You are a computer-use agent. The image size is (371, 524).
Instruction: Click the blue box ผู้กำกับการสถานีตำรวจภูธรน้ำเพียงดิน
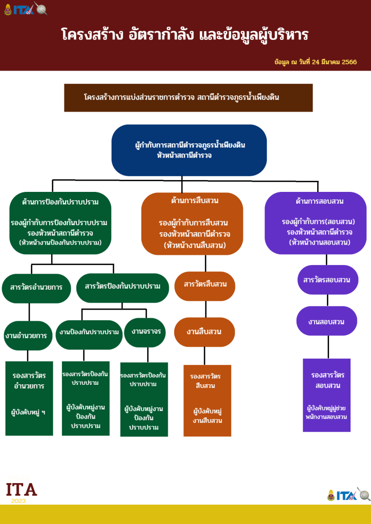tap(189, 150)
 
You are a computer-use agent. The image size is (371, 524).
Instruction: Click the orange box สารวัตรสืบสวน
tap(204, 285)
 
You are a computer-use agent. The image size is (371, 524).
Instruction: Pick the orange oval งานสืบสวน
tap(204, 332)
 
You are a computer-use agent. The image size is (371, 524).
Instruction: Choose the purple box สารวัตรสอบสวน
tap(327, 280)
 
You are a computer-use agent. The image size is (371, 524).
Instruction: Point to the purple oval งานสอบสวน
tap(326, 322)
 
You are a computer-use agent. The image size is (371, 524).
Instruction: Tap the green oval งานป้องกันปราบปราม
tap(89, 333)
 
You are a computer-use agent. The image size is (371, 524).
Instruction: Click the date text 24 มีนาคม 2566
tap(316, 62)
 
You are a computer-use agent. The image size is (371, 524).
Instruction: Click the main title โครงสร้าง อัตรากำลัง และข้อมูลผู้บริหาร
tap(185, 35)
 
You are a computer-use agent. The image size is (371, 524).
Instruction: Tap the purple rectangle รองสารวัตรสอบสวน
tap(326, 395)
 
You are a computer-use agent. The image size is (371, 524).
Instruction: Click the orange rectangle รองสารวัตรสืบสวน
tap(207, 400)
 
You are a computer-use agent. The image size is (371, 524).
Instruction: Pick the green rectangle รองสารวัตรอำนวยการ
tap(29, 399)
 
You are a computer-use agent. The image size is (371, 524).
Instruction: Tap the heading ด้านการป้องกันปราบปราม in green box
tap(60, 202)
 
